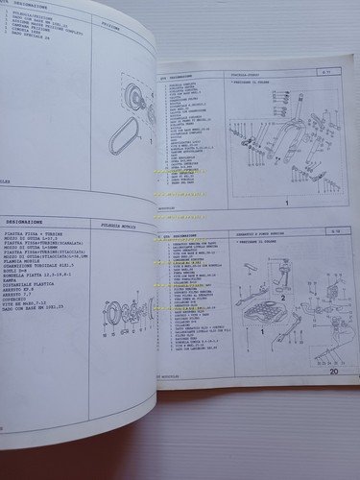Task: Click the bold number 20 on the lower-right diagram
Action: pyautogui.click(x=332, y=371)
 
